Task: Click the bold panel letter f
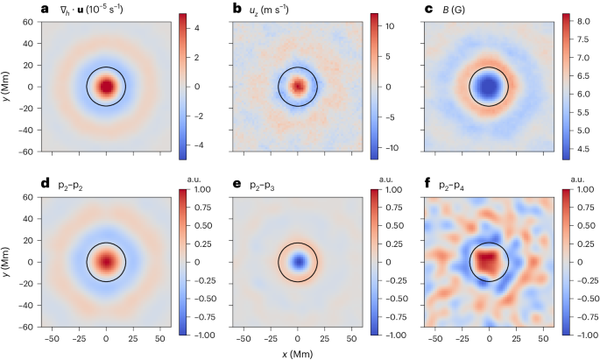(427, 185)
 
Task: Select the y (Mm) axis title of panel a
(8, 86)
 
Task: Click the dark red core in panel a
(106, 87)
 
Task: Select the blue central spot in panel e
(298, 262)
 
